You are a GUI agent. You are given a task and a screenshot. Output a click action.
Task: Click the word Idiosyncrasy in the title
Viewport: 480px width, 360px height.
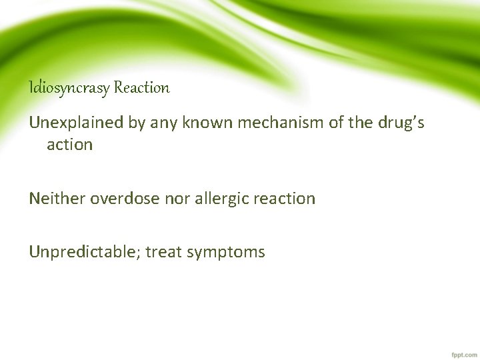[x=69, y=87]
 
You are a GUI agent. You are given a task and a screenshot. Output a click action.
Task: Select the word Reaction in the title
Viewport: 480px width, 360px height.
[x=141, y=87]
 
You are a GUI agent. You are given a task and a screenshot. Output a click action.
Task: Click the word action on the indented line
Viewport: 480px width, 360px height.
[x=69, y=145]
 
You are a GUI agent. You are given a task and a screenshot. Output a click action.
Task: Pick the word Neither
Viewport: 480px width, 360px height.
[x=57, y=198]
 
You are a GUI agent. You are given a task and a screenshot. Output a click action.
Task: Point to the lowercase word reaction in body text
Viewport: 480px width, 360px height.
[x=286, y=198]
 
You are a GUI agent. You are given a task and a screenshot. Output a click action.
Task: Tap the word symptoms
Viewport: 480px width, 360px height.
[x=227, y=253]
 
